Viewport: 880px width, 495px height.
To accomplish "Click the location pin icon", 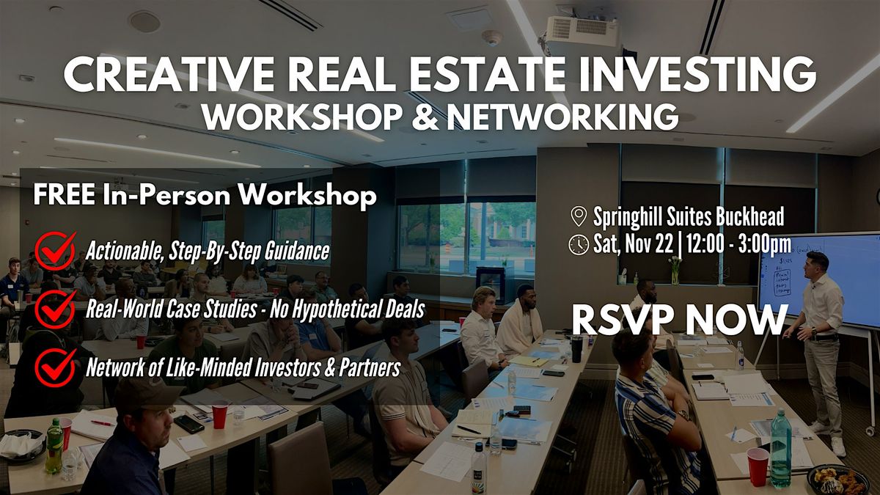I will (579, 216).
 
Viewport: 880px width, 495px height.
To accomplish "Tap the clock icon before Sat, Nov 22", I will (579, 244).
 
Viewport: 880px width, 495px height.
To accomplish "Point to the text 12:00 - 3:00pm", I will (741, 244).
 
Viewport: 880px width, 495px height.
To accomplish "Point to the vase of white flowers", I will (675, 268).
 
